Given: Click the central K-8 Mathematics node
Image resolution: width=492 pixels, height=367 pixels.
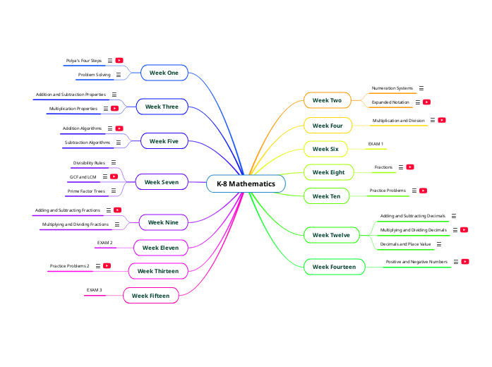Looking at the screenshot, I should (x=246, y=183).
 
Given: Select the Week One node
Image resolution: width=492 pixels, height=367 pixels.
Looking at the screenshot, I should (x=163, y=72).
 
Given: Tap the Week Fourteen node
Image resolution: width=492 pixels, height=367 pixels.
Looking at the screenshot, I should (x=334, y=267).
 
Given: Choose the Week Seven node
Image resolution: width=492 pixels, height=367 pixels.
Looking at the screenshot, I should (x=161, y=182).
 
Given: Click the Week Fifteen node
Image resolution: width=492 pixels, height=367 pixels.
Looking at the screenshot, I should (x=150, y=296).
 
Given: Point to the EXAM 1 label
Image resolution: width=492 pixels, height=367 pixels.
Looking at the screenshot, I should (x=376, y=144).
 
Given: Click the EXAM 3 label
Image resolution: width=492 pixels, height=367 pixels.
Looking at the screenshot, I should (x=94, y=290).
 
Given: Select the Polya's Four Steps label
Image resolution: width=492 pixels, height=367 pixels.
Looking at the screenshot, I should (x=83, y=61).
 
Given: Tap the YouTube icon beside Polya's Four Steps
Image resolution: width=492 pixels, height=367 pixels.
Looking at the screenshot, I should (x=119, y=61).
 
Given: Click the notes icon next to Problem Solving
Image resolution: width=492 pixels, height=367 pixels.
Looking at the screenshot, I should (x=118, y=74).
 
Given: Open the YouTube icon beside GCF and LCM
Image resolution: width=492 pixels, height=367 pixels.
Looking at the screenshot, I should (x=114, y=176).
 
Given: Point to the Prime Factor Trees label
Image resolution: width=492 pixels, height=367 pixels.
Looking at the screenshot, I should (x=86, y=191).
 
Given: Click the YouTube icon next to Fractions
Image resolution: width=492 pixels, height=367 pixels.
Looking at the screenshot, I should (x=410, y=167).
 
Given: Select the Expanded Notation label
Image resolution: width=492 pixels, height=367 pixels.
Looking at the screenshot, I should (x=390, y=102).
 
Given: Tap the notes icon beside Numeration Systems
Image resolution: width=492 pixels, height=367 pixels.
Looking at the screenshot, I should (x=421, y=88).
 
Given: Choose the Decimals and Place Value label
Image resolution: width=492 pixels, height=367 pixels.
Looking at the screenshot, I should (x=405, y=244).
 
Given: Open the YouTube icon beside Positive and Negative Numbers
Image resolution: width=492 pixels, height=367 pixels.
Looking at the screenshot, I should (x=466, y=262).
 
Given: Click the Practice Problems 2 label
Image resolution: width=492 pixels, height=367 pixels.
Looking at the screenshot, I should (x=69, y=266).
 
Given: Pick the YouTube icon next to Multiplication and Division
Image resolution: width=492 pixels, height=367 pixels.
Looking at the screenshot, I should (x=442, y=121).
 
